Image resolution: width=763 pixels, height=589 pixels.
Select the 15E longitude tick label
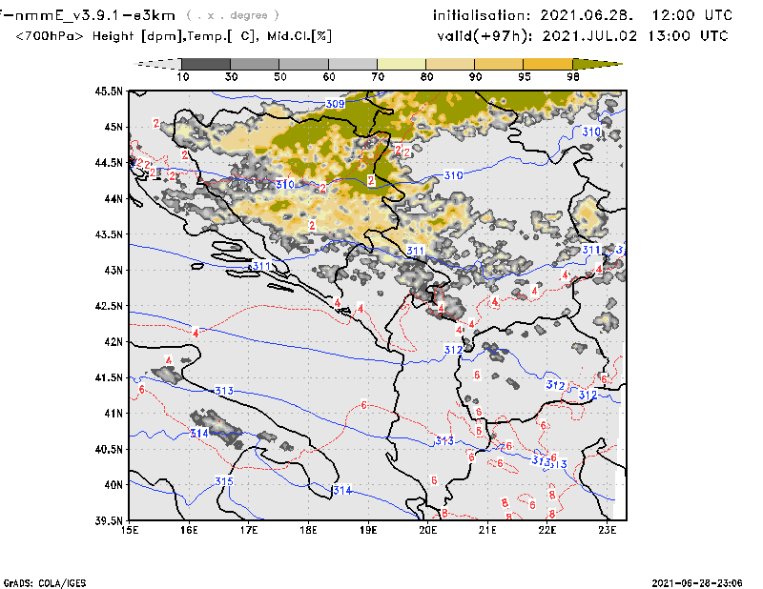131,531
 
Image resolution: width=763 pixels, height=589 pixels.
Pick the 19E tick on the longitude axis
369,531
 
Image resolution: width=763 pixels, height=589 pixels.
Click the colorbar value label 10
182,76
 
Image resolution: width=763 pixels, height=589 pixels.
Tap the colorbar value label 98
573,76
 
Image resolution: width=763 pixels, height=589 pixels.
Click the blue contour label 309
335,104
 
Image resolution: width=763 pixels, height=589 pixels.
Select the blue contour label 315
224,481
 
